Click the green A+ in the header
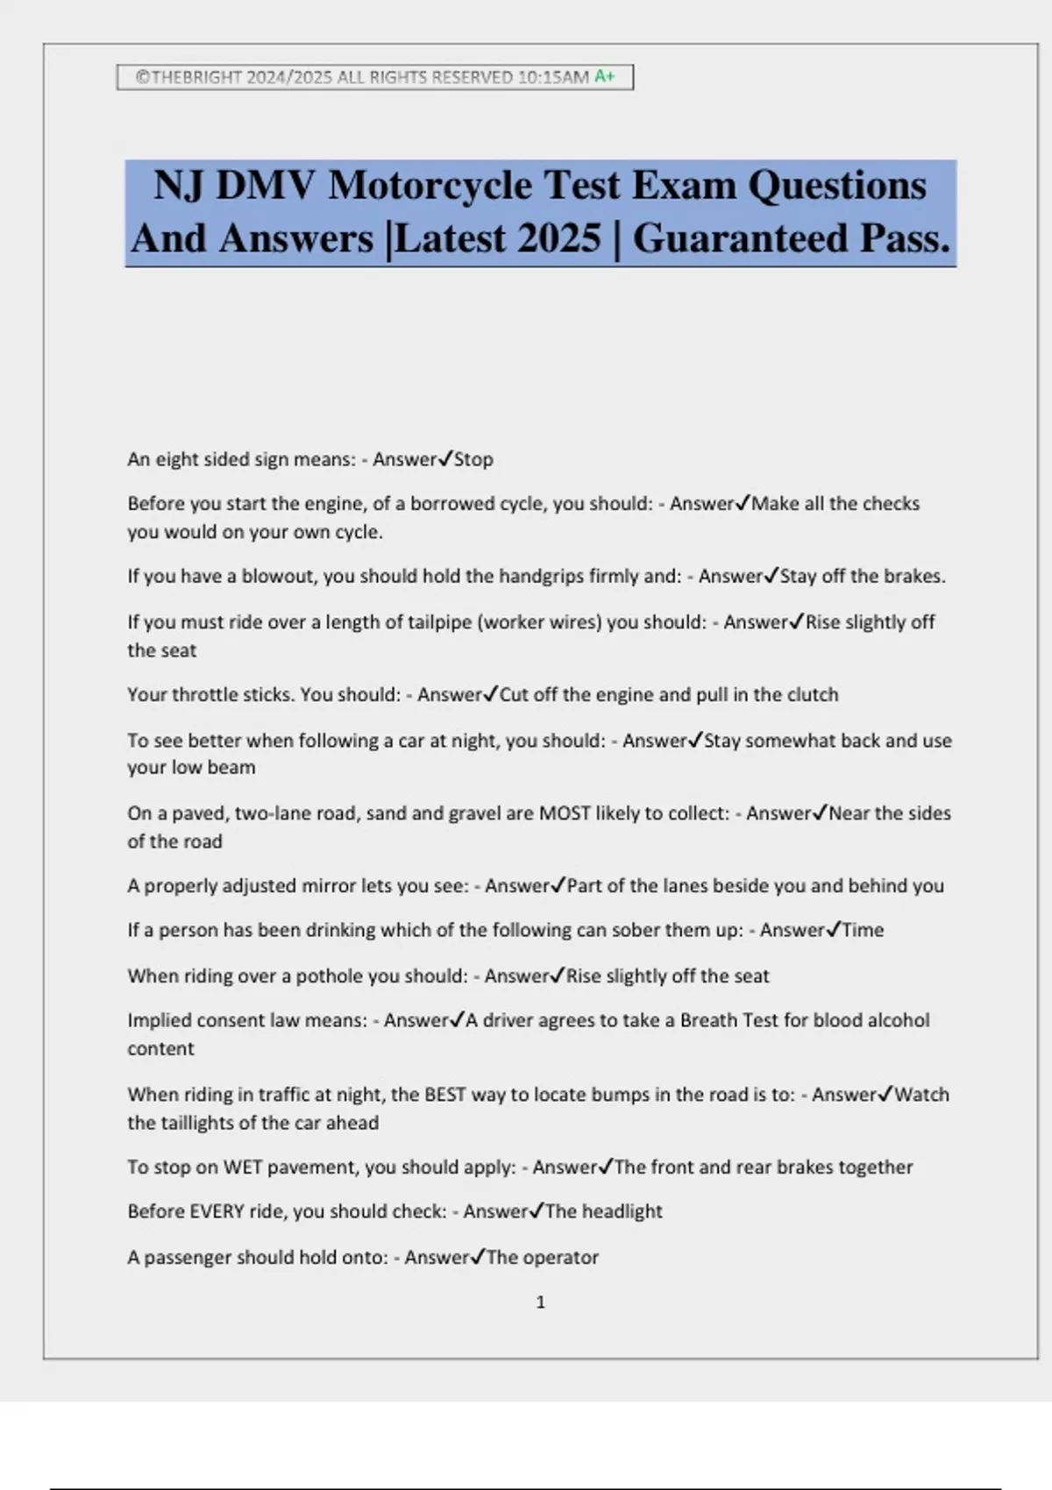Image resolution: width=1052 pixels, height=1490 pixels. point(605,76)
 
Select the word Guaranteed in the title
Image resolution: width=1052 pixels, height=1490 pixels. point(741,238)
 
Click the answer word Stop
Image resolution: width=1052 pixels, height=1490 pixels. point(473,459)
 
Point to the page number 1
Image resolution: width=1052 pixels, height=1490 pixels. point(540,1302)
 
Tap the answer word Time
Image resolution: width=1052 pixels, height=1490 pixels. point(863,930)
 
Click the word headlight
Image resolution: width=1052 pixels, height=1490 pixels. point(622,1211)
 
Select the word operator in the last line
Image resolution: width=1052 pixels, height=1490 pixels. point(561,1258)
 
